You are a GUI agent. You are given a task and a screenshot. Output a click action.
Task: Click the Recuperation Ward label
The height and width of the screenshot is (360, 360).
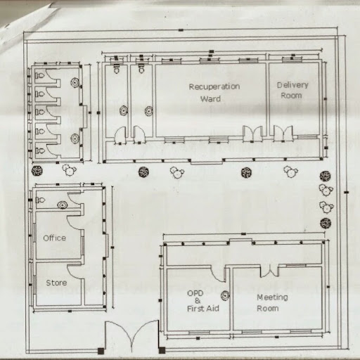point(214,93)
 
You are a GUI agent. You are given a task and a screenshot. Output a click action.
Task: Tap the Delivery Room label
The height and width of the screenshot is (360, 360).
point(292,90)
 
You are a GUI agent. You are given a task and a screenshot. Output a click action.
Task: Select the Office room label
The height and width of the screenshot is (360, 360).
point(55,238)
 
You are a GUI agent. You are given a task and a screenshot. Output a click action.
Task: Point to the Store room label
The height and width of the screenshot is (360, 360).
point(56,283)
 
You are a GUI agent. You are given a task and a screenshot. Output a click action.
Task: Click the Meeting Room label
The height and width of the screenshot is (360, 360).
point(272,303)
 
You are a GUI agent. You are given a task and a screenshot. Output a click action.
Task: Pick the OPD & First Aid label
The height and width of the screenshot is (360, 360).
point(202,301)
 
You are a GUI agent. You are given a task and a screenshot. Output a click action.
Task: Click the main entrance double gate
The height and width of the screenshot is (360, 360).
point(132,336)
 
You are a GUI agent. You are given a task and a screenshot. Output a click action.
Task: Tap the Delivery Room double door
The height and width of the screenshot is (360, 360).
point(283,133)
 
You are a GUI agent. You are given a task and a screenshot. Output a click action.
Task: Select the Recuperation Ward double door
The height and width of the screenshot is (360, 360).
point(252,134)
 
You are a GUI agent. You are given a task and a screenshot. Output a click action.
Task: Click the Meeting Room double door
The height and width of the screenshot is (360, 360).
point(270,272)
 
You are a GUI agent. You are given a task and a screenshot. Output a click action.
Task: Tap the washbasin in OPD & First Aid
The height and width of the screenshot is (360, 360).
point(225,296)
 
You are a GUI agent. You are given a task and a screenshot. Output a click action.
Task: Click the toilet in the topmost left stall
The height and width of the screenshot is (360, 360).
point(40,75)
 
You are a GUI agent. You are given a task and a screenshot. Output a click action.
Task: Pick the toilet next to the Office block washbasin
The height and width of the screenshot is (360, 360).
point(40,200)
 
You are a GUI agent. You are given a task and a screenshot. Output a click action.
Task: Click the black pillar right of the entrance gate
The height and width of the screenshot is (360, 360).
point(162,351)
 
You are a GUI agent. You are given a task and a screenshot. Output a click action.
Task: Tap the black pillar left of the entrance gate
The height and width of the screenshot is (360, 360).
point(101,351)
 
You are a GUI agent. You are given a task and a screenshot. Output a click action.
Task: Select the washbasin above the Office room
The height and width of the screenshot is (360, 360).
point(62,205)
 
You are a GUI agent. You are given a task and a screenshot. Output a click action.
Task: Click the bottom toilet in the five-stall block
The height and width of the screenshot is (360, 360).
point(40,150)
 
